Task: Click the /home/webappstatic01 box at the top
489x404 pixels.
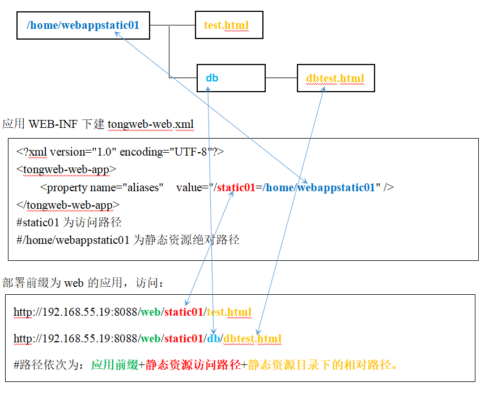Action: coord(83,25)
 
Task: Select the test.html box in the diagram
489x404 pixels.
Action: coord(228,25)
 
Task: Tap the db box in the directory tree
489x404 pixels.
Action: coord(231,78)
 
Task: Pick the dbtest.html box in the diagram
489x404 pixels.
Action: coord(335,78)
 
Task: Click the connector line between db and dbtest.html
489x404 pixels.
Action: coord(281,78)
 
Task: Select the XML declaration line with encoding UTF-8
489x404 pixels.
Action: coord(120,152)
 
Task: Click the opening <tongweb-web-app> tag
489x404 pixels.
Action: coord(66,169)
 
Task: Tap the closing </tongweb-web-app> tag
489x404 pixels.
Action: coord(68,205)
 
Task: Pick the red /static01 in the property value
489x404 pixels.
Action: coord(234,187)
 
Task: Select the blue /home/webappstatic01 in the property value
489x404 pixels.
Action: coord(319,187)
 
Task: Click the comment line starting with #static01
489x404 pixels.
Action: coord(69,222)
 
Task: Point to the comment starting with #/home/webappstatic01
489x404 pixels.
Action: coord(128,240)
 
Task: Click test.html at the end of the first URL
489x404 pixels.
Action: coord(229,312)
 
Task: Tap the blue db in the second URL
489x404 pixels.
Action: coord(213,339)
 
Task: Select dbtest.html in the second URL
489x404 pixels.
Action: coord(252,339)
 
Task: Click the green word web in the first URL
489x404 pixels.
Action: coord(150,312)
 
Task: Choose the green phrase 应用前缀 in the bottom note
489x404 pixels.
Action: coord(114,365)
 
